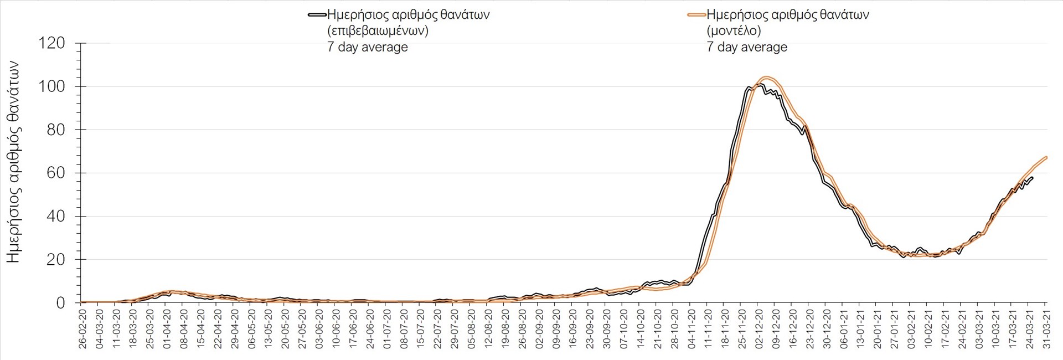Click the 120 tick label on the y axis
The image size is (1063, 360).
pos(51,43)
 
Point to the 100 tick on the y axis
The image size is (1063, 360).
pos(51,86)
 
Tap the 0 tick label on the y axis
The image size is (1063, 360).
pos(60,303)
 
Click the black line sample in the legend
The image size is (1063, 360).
pos(317,15)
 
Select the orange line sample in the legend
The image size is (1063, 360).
pos(696,15)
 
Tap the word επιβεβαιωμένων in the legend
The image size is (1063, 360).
pos(378,31)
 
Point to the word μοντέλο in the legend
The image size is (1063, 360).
pos(734,31)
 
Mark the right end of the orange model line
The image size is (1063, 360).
pos(1046,157)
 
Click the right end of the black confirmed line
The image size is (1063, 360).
pos(1033,177)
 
